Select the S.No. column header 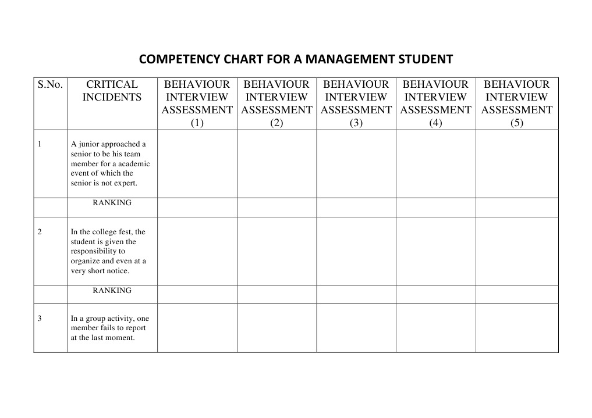tap(50, 85)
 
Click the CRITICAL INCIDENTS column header tap(112, 91)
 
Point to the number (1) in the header tap(197, 123)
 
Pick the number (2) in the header tap(276, 123)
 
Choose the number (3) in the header tap(356, 123)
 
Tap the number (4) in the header tap(435, 123)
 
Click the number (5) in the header tap(516, 123)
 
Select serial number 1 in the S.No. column tap(40, 144)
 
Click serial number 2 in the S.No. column tap(40, 232)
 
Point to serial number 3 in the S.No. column tap(40, 319)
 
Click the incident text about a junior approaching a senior tap(110, 163)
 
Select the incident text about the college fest tap(109, 251)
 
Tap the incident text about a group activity tap(109, 328)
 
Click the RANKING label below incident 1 tap(112, 203)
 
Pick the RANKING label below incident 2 tap(112, 290)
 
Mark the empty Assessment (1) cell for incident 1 tap(197, 163)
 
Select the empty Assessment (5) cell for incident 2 tap(516, 251)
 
